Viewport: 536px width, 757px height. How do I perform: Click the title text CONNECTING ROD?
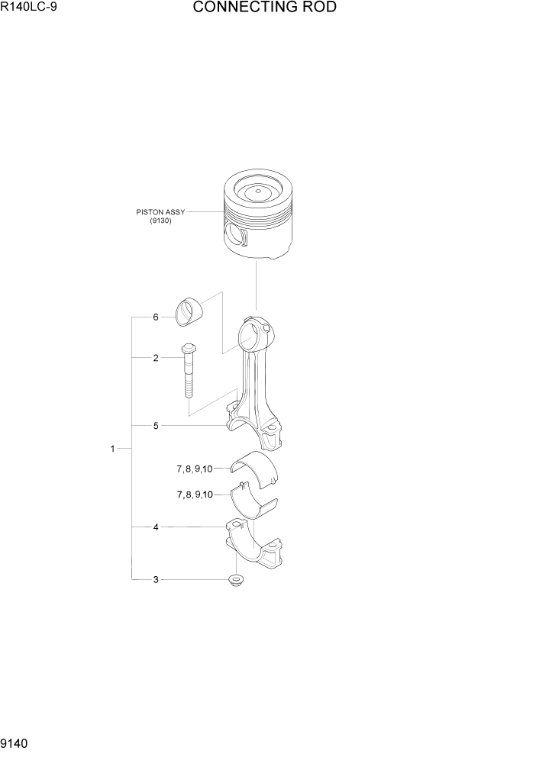[x=264, y=8]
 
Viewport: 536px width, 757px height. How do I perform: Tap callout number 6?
[x=155, y=317]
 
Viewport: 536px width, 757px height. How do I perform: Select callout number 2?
[x=155, y=357]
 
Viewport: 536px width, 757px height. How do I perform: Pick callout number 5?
[x=155, y=426]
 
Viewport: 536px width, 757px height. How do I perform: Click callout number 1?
[x=112, y=449]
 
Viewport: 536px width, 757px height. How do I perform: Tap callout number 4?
[x=155, y=527]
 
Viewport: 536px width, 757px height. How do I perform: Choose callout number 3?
[x=155, y=580]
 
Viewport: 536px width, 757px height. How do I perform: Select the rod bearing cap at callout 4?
[x=251, y=546]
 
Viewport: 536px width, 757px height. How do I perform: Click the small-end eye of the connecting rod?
[x=254, y=333]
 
